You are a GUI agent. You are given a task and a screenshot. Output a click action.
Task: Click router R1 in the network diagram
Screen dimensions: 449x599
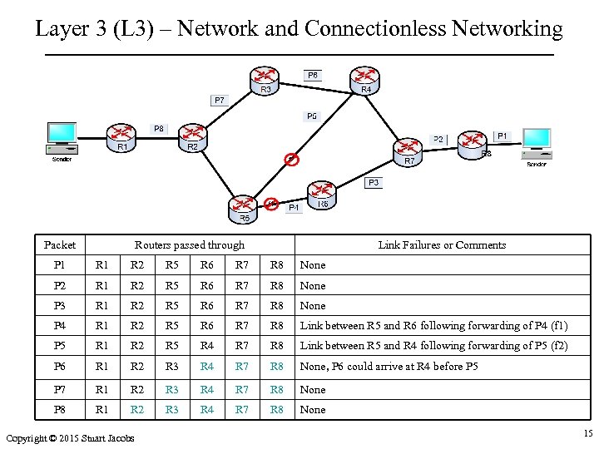121,135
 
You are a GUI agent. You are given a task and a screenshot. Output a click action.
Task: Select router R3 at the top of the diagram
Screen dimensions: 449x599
265,77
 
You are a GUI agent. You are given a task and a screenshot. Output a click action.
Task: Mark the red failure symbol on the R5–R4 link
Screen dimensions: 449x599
290,159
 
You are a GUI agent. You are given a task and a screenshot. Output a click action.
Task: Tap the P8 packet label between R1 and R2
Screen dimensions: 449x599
158,128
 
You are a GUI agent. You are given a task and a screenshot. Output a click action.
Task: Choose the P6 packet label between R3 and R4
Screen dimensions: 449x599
312,75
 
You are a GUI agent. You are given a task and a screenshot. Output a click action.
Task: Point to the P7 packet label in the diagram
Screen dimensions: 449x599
219,100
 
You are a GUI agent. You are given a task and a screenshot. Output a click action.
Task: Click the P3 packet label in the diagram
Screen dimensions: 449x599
374,182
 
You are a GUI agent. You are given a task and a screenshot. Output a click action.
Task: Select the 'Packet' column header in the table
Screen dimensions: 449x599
60,244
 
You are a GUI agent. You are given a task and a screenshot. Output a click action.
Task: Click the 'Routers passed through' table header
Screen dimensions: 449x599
190,244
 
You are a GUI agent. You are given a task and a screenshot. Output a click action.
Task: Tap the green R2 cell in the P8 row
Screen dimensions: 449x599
136,409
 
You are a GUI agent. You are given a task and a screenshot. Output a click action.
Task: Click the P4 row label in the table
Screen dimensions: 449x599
60,326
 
